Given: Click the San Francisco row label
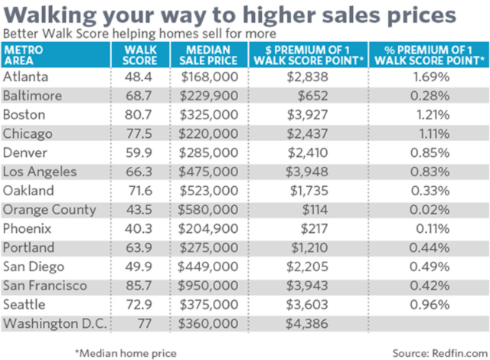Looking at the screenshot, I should (x=45, y=286).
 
